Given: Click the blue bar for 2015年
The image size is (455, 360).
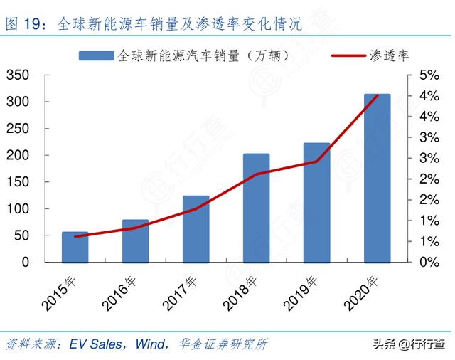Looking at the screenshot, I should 75,247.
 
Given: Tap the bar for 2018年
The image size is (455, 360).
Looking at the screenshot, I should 256,208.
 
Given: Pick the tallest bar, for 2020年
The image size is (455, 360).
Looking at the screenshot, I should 377,178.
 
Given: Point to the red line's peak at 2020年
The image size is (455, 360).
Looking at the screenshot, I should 377,95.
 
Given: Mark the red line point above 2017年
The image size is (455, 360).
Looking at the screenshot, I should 196,208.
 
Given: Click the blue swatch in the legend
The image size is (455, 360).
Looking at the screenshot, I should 96,55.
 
